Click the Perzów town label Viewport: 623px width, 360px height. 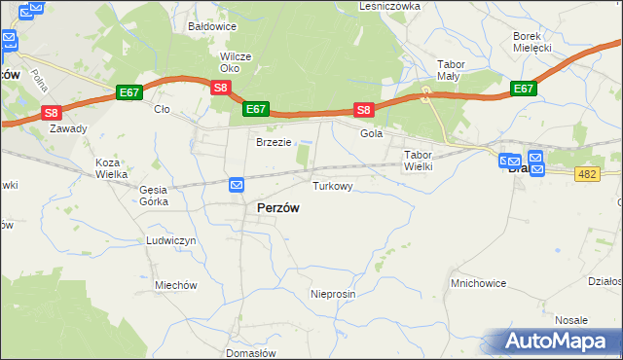[x=277, y=208]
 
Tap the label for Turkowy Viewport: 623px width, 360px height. [x=332, y=185]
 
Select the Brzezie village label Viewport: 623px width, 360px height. [x=274, y=142]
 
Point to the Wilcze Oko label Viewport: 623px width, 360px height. [x=236, y=62]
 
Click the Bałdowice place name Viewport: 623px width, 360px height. [x=214, y=26]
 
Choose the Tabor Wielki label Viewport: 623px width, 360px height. [x=418, y=161]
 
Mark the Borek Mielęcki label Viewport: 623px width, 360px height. [x=532, y=42]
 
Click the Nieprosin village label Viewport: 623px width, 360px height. [x=333, y=294]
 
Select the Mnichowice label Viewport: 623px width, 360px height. [x=478, y=284]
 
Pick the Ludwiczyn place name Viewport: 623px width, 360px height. [x=171, y=240]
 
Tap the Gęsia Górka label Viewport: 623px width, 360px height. [x=154, y=196]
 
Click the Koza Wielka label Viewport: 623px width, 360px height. [x=112, y=169]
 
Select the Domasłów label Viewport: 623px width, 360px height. [x=250, y=353]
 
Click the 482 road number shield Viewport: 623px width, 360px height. [x=586, y=173]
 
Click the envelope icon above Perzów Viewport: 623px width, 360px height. [x=237, y=185]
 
